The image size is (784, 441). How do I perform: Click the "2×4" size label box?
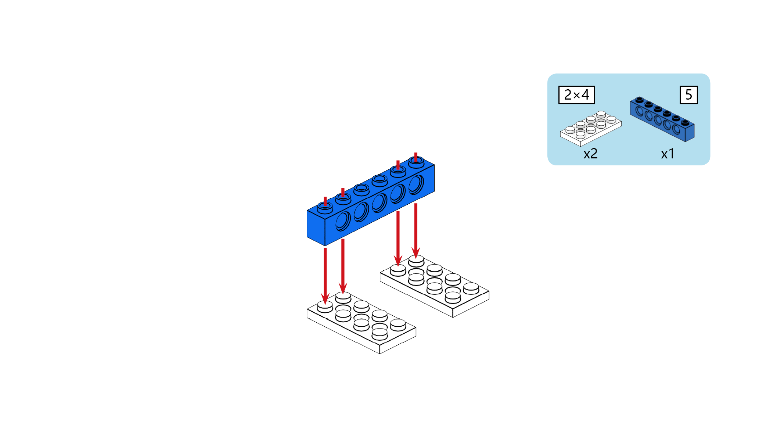(x=576, y=95)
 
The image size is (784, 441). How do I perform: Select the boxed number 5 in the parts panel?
(x=689, y=95)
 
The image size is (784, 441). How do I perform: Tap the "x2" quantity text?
(x=590, y=154)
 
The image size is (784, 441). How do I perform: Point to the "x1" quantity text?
(x=668, y=154)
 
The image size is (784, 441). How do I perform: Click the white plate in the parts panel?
(x=590, y=128)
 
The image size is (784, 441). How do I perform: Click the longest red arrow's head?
(x=325, y=298)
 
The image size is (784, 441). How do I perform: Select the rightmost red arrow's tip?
(x=416, y=259)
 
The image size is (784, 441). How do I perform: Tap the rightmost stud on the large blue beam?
(x=416, y=162)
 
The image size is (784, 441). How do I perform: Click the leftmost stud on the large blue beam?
(x=325, y=208)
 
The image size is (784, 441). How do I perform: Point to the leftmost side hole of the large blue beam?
(x=343, y=221)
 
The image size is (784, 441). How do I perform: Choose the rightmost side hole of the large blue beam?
(x=416, y=185)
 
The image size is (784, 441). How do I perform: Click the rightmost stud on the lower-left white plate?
(x=398, y=325)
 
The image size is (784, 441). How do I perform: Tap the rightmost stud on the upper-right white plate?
(x=471, y=288)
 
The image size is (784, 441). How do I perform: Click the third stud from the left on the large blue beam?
(x=362, y=189)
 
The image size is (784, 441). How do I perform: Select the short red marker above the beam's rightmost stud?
(x=416, y=157)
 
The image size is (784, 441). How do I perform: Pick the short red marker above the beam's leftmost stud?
(x=325, y=201)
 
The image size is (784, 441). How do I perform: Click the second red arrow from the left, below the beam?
(x=343, y=267)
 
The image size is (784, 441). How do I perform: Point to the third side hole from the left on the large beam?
(x=380, y=203)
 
